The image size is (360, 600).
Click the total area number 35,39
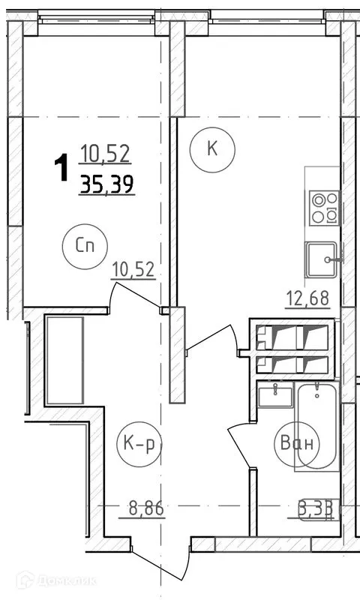107,183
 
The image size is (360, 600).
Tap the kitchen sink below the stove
323,259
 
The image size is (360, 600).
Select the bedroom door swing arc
135,292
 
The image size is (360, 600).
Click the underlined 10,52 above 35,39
106,155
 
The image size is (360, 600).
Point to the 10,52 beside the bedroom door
134,268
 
